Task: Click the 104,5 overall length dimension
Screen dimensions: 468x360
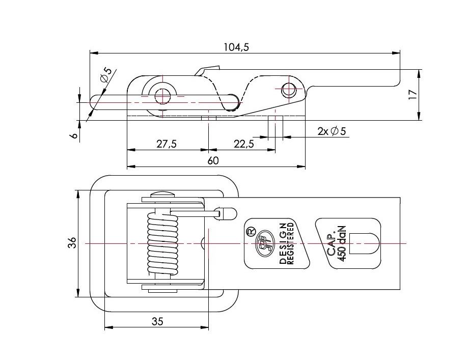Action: pyautogui.click(x=236, y=47)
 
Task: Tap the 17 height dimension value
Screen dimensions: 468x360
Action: pyautogui.click(x=413, y=95)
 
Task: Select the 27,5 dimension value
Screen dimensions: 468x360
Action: pyautogui.click(x=167, y=144)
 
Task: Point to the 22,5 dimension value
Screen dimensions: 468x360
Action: pyautogui.click(x=244, y=144)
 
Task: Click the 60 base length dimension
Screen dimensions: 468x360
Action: pyautogui.click(x=213, y=160)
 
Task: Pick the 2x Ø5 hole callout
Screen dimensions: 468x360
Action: pyautogui.click(x=332, y=131)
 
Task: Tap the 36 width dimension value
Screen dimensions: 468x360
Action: pyautogui.click(x=72, y=243)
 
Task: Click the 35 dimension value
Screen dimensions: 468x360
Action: pyautogui.click(x=157, y=321)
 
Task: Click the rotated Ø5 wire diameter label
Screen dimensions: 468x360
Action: pyautogui.click(x=106, y=75)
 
